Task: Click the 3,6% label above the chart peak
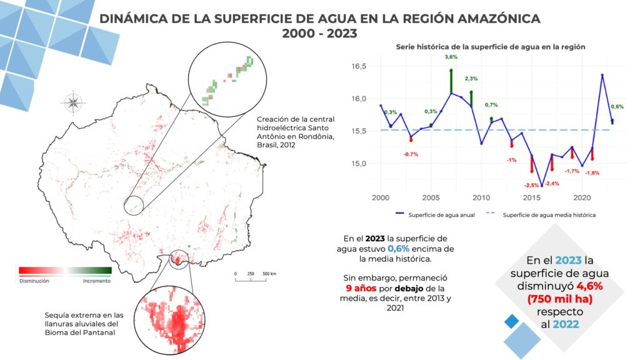point(451,57)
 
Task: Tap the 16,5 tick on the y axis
point(359,66)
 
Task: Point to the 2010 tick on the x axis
point(481,198)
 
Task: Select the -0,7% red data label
point(411,154)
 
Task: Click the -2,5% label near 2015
point(532,185)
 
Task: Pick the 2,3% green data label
point(471,78)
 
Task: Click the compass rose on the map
point(73,102)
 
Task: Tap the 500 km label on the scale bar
point(269,274)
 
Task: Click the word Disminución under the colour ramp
point(34,281)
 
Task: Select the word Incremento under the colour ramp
point(97,281)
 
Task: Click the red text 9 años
point(361,288)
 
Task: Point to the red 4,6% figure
point(590,286)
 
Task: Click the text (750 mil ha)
point(559,299)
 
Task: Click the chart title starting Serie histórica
point(491,47)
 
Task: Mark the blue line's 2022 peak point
point(602,75)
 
